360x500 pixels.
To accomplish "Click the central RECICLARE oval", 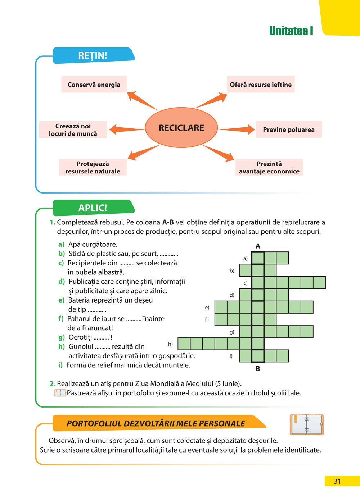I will [x=181, y=128].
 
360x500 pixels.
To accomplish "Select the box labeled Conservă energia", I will [x=94, y=85].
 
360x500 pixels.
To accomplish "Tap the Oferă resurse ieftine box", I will [x=261, y=85].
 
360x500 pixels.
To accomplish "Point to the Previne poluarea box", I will [x=288, y=129].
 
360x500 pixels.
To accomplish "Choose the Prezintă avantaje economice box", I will [x=269, y=167].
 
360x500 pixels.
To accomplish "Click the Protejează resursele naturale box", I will [x=93, y=167].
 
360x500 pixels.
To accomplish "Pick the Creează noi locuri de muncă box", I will [x=73, y=129].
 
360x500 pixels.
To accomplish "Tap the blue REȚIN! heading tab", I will [x=93, y=55].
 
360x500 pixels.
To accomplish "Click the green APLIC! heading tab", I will [x=93, y=208].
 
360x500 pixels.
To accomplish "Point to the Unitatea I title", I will [x=291, y=31].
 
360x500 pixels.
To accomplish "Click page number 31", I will [x=337, y=481].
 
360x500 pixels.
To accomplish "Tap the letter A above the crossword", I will [x=258, y=246].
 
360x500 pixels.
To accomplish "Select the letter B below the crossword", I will [x=258, y=369].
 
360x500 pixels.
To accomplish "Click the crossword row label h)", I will [x=170, y=344].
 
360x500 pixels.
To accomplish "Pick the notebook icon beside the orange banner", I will [x=307, y=424].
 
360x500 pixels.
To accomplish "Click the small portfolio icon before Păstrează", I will [x=60, y=393].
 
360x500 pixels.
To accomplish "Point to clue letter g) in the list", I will [x=62, y=337].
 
